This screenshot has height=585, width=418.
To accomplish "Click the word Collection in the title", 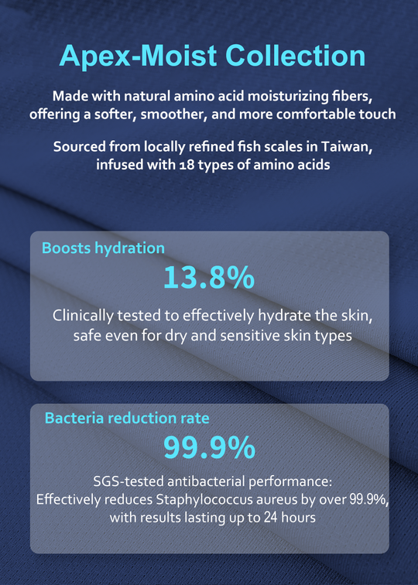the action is [x=295, y=56].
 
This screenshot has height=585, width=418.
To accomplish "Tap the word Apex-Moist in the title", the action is [x=138, y=56].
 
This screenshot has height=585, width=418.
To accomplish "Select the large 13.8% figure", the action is [x=209, y=277].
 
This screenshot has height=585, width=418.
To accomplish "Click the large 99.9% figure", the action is [x=209, y=447].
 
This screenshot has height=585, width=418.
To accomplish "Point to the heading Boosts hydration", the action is [x=103, y=248].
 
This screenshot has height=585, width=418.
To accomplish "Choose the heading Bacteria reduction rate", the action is [x=127, y=418].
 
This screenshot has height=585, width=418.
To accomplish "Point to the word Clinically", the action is [x=83, y=316].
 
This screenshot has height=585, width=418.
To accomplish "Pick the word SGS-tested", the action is [x=128, y=481].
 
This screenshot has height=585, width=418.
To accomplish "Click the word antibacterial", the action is [x=207, y=481].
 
